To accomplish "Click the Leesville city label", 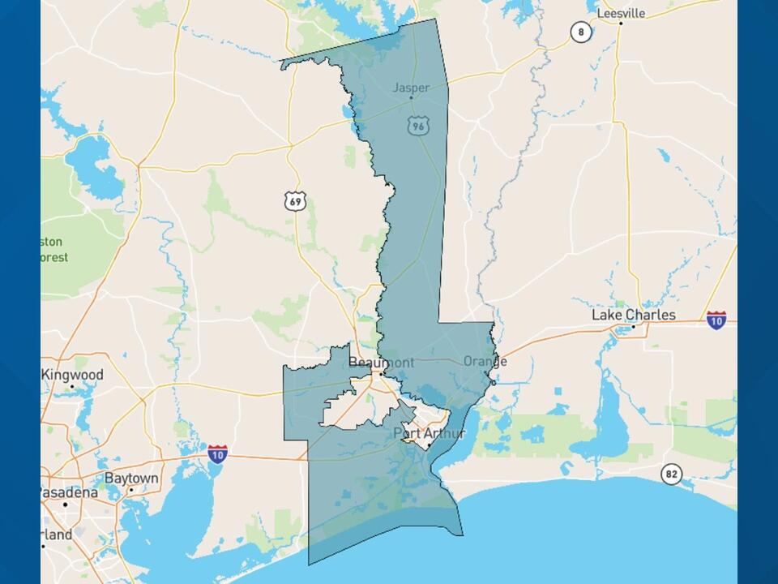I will point(621,13).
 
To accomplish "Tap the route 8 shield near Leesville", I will point(580,32).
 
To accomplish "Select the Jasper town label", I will point(411,88).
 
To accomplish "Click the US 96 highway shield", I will point(417,125).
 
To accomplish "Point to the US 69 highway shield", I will point(296,200).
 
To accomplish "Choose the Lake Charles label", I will point(633,315).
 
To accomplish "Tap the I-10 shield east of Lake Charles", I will point(716,320).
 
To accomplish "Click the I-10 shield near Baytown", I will point(216,453).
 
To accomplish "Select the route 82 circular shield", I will point(671,474).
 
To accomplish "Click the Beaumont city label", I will point(381,363).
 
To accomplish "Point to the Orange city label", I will point(485,361).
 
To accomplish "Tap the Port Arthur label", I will point(429,433).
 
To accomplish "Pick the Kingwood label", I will point(73,375).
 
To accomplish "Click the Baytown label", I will point(131,479).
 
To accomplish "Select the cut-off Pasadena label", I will point(70,492).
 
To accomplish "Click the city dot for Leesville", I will point(621,24).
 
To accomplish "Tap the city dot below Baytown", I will point(130,490).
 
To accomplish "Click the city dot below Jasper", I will point(411,98).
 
